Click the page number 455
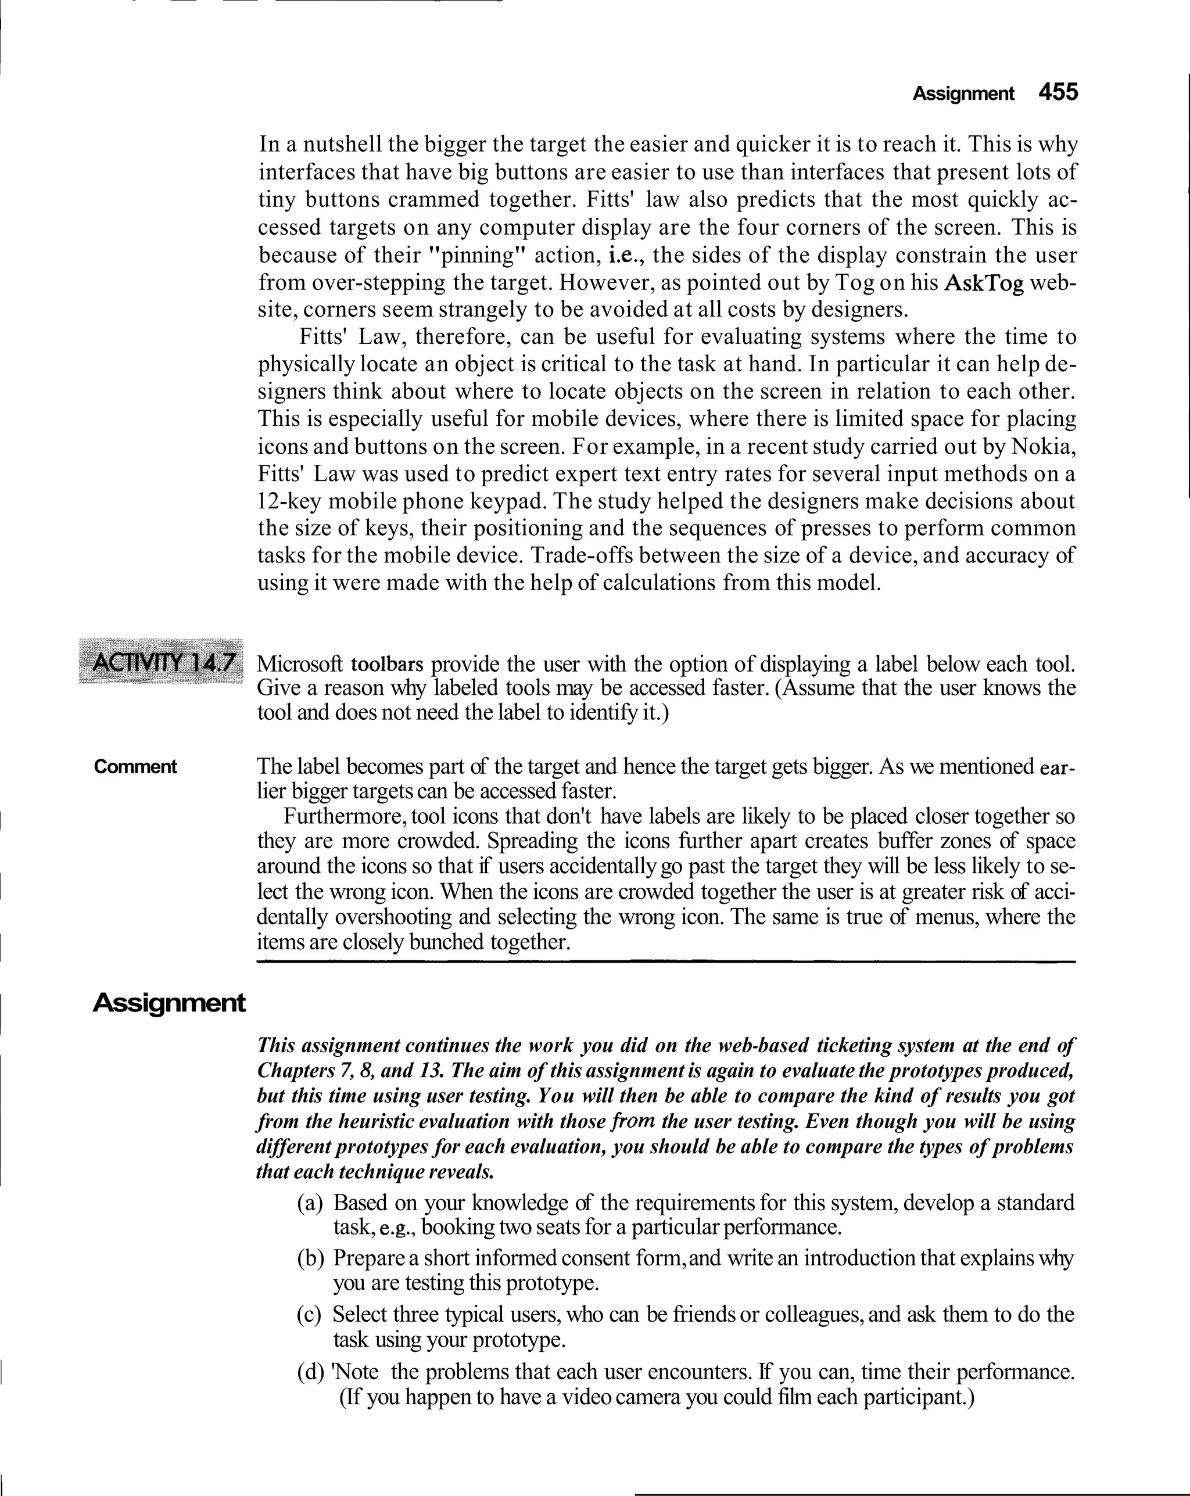[1058, 92]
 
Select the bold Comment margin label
[135, 767]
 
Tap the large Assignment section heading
[169, 1003]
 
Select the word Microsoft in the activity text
[300, 664]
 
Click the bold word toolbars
[387, 664]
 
